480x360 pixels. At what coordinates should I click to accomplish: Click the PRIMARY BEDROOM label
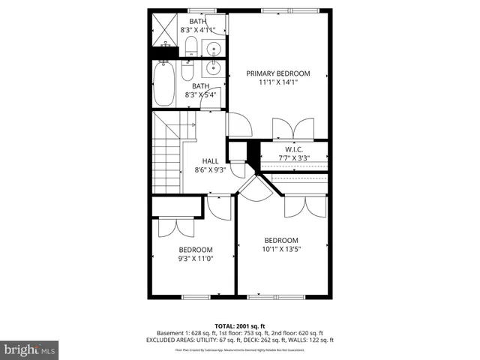[278, 73]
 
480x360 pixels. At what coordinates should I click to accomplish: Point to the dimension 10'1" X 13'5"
[281, 249]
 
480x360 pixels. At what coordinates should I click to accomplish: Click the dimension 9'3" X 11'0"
[195, 259]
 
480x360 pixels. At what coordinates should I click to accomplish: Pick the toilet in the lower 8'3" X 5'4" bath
[188, 71]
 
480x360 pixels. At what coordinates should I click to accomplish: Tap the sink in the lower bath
[212, 71]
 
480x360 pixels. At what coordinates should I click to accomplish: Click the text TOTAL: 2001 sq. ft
[239, 325]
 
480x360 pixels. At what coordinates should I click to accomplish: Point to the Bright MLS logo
[30, 349]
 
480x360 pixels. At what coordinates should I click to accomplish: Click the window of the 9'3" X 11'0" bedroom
[195, 297]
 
